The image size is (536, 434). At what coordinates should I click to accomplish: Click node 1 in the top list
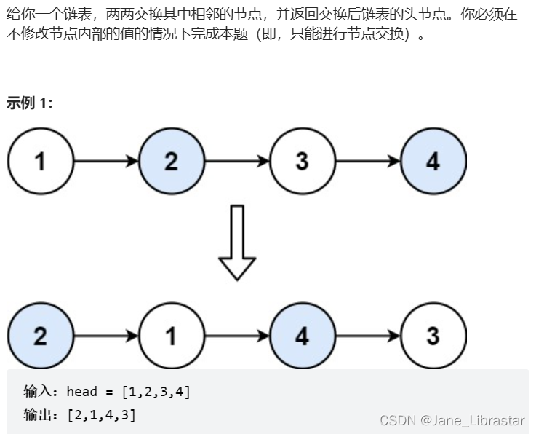point(41,161)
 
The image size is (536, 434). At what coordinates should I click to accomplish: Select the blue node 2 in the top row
point(172,161)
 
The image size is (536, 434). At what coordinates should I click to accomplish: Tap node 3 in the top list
point(303,161)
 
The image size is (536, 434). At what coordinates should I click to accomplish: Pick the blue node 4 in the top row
point(433,161)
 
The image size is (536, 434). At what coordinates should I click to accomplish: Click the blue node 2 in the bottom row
point(41,336)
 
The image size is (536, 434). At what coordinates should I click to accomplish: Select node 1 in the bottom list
point(172,336)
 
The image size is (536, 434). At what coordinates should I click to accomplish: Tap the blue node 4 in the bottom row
point(303,336)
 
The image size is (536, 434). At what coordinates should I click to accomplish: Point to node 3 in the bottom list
point(433,336)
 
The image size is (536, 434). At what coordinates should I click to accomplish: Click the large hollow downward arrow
point(237,244)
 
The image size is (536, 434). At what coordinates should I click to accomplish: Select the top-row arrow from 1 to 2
point(106,161)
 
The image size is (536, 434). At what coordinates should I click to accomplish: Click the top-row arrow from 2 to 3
point(237,161)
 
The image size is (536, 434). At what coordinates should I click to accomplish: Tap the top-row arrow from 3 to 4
point(368,161)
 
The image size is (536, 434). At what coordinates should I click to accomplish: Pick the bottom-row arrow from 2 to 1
point(106,336)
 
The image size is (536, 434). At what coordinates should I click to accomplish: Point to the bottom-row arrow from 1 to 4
point(237,336)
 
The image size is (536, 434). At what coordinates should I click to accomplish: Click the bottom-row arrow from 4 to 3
point(368,336)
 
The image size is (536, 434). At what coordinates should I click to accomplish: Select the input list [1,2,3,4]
point(156,392)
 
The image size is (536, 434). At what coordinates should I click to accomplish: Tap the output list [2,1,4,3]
point(101,415)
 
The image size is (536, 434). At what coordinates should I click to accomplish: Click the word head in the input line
point(81,392)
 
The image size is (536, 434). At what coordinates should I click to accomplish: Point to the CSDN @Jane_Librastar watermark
point(452,420)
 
